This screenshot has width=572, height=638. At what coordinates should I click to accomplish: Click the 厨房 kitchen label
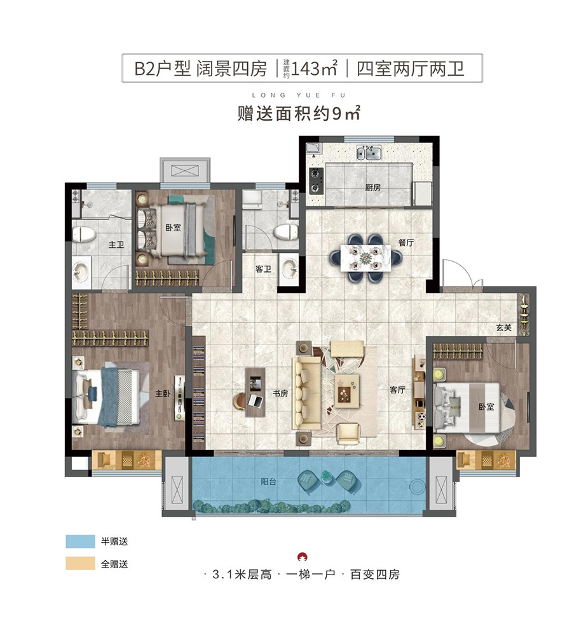[372, 187]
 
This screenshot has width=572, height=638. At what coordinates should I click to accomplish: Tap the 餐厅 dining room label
[406, 243]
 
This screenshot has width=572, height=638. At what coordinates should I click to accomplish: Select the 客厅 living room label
[397, 390]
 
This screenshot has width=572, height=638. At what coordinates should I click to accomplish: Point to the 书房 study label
[280, 393]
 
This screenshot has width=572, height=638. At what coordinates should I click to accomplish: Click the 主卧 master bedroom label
[163, 393]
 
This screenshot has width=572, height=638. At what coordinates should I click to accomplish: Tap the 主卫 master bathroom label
[116, 245]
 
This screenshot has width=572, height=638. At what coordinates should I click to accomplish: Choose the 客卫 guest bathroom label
[263, 269]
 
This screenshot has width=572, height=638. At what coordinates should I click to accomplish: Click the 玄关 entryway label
[503, 327]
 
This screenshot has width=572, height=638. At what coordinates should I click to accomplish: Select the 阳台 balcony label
[268, 481]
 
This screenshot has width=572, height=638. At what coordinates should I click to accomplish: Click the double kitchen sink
[369, 153]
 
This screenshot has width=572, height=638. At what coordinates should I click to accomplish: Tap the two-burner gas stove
[315, 180]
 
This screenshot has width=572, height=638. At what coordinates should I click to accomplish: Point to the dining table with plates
[365, 257]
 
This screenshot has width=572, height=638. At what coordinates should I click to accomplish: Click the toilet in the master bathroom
[84, 234]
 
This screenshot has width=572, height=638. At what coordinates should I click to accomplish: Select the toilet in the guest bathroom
[287, 233]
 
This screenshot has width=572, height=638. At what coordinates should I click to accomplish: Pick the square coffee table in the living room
[347, 391]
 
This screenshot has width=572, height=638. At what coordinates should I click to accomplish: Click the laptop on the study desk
[256, 400]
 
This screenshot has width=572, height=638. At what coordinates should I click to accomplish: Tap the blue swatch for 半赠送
[81, 541]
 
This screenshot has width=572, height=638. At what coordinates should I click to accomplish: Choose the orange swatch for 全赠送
[81, 564]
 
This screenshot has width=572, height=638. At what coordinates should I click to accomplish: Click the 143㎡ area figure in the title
[314, 68]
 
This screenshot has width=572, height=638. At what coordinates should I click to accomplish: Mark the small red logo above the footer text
[303, 556]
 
